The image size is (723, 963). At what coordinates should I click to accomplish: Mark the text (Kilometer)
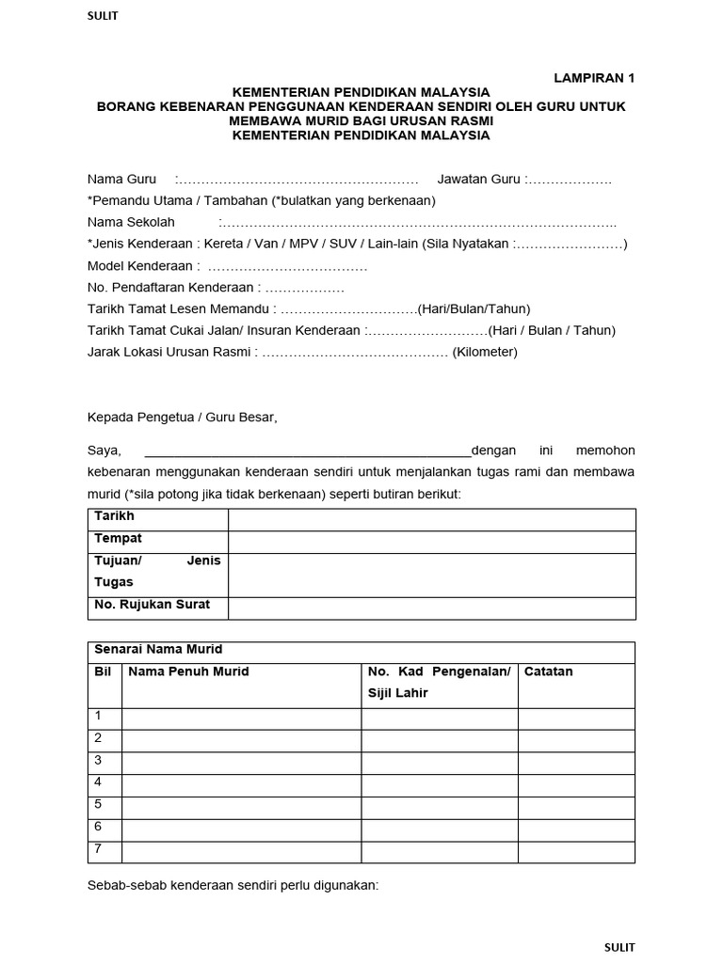pyautogui.click(x=485, y=353)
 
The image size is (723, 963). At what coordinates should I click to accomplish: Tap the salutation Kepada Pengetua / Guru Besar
pyautogui.click(x=183, y=417)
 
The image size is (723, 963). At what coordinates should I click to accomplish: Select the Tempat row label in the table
pyautogui.click(x=118, y=539)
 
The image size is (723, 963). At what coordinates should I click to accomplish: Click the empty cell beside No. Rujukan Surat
pyautogui.click(x=431, y=608)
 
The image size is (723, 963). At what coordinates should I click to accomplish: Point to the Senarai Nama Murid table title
pyautogui.click(x=158, y=650)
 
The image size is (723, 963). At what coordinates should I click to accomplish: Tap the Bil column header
pyautogui.click(x=104, y=671)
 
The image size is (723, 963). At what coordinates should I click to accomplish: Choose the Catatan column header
pyautogui.click(x=548, y=671)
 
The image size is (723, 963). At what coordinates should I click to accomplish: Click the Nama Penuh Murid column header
pyautogui.click(x=188, y=671)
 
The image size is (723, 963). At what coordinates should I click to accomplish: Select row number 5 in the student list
pyautogui.click(x=98, y=804)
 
